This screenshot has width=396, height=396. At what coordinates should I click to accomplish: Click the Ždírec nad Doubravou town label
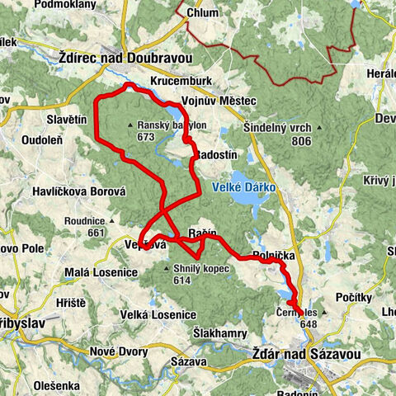tap(114, 59)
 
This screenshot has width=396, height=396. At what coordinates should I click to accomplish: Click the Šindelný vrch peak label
tap(277, 128)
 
